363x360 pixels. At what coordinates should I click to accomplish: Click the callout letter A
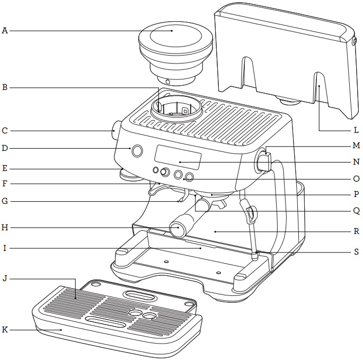[5, 31]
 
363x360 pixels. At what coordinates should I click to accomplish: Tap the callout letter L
[356, 130]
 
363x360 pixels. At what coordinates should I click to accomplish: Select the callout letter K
[5, 330]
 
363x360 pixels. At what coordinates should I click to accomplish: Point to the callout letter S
[356, 252]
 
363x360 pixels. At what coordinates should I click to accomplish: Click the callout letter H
[5, 228]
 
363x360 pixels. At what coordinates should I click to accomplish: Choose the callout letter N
[356, 162]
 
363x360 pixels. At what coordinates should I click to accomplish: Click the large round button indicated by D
[137, 151]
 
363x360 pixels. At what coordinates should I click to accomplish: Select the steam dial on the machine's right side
[263, 161]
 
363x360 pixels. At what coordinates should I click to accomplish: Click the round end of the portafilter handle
[177, 229]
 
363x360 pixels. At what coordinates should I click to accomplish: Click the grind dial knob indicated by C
[114, 131]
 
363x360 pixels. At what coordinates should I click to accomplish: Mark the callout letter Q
[356, 210]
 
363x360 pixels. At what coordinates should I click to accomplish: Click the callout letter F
[5, 184]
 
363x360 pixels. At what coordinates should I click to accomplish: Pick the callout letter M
[356, 145]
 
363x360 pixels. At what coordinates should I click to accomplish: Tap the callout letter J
[5, 277]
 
